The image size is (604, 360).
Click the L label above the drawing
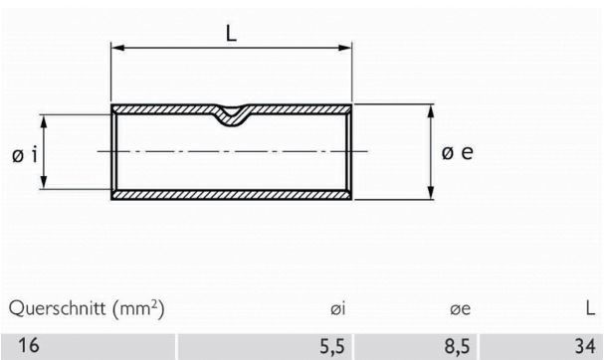pos(231,33)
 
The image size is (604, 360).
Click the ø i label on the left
pos(26,154)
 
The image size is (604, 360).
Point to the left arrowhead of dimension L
pos(115,47)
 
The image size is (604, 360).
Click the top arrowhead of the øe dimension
pos(430,109)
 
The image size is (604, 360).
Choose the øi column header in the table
pos(337,310)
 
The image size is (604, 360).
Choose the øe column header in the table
pos(459,310)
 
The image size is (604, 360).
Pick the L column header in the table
pos(590,309)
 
